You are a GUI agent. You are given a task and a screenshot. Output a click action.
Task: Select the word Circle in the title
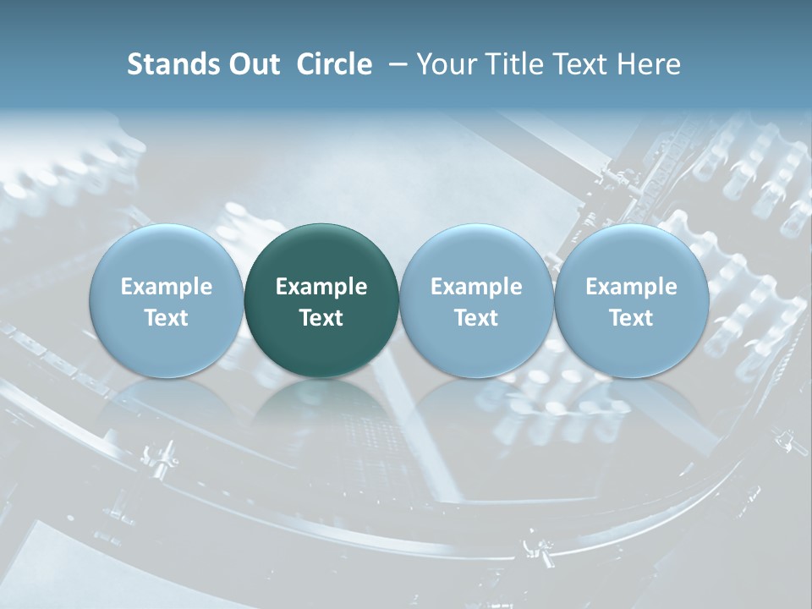coord(334,64)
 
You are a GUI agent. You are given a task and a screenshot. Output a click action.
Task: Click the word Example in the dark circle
coord(321,287)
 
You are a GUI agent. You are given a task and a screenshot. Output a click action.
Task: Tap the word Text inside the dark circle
coord(321,318)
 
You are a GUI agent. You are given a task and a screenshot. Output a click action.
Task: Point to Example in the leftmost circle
coord(166,287)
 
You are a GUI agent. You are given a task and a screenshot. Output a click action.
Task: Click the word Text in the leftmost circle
coord(166,318)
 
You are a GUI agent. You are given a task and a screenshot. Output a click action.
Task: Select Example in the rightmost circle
coord(631,287)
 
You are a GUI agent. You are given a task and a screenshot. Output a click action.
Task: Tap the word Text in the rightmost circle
coord(631,318)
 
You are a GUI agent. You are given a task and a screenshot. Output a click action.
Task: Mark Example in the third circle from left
coord(476,287)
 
